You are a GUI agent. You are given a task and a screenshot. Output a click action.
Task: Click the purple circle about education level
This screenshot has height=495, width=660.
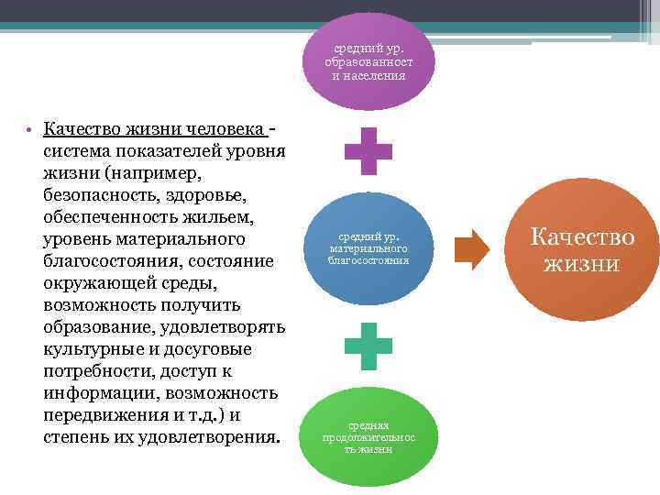[368, 61]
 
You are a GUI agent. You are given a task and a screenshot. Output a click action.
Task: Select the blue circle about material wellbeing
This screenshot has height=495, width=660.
[368, 247]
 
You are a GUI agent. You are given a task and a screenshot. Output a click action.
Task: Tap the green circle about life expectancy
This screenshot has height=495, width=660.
[368, 436]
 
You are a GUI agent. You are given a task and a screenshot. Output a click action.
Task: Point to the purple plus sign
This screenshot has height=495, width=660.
[368, 151]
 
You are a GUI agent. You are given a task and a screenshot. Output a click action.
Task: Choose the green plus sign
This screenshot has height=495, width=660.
[368, 346]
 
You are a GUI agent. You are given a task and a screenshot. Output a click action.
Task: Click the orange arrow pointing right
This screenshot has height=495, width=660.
[472, 250]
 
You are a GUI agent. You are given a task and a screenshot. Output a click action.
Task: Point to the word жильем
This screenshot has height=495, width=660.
[221, 217]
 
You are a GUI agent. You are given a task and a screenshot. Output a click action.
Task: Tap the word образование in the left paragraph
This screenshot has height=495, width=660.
[97, 327]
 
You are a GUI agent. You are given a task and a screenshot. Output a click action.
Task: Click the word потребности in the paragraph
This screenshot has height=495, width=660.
[96, 371]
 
